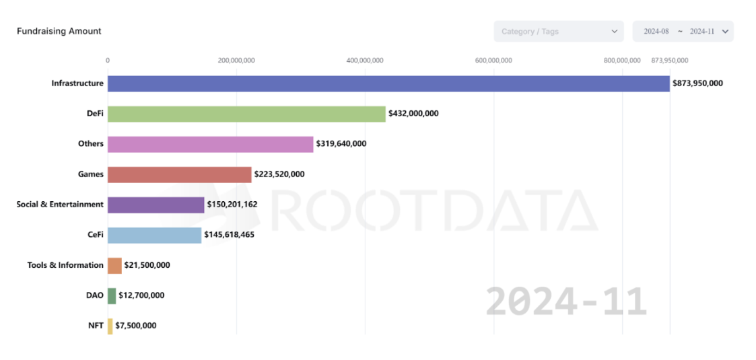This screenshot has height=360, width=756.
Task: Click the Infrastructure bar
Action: click(388, 83)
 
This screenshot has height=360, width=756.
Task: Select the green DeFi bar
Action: click(246, 114)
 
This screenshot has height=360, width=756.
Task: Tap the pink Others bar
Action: click(211, 144)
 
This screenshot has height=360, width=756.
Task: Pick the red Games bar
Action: click(180, 174)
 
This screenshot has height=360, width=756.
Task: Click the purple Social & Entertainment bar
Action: click(156, 205)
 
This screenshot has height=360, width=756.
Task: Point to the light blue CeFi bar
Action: click(154, 235)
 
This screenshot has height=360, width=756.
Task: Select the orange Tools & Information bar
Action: click(114, 265)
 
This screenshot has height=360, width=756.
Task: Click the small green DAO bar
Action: click(112, 295)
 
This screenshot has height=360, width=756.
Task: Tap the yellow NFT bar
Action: click(110, 326)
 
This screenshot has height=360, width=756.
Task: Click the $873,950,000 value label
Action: click(697, 83)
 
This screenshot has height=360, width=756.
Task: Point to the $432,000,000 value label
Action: click(413, 114)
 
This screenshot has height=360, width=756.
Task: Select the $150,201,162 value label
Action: click(232, 205)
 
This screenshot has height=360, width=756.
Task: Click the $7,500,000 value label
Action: click(136, 326)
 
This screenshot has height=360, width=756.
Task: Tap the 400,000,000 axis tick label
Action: click(365, 61)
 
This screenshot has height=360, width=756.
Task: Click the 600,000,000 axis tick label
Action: click(493, 61)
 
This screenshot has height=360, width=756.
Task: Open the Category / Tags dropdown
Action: click(558, 32)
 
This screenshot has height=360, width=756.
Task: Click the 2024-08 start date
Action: click(656, 32)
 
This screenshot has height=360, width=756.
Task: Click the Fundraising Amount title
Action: click(59, 31)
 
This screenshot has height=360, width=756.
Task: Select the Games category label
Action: click(91, 174)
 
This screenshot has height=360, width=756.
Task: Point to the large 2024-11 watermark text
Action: click(566, 302)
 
